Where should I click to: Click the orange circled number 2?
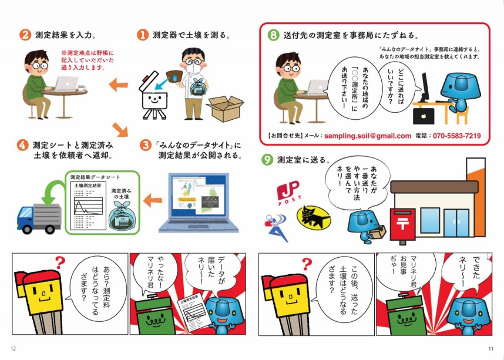pyautogui.click(x=25, y=35)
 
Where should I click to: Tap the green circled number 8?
pyautogui.click(x=273, y=35)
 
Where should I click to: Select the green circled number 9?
pyautogui.click(x=267, y=160)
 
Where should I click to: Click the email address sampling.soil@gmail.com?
pyautogui.click(x=367, y=136)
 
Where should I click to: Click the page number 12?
pyautogui.click(x=14, y=349)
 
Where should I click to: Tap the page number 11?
pyautogui.click(x=491, y=349)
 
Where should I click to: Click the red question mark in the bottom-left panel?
pyautogui.click(x=59, y=263)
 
